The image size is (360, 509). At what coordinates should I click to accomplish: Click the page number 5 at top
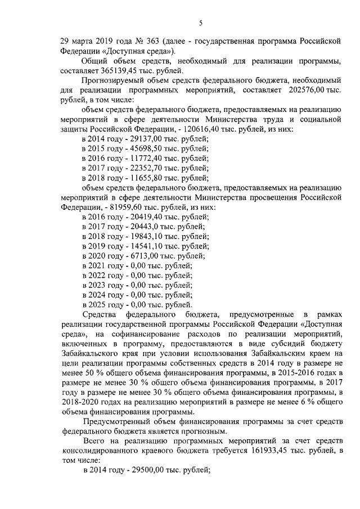coord(200,23)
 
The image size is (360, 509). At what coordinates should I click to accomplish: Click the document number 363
coord(150,42)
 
